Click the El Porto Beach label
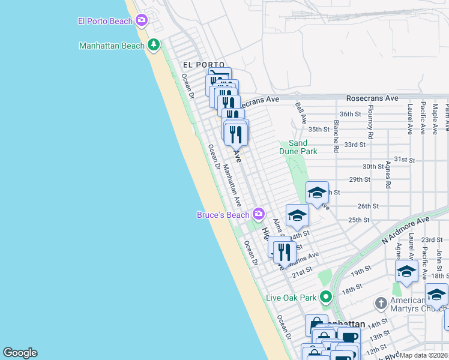[x=104, y=22]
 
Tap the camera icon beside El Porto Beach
[x=142, y=21]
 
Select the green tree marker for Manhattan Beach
[x=154, y=45]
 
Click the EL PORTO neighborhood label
[x=203, y=65]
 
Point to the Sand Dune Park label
[x=298, y=147]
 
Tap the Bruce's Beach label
[x=223, y=215]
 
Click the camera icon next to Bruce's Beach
[x=259, y=214]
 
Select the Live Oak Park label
[x=291, y=298]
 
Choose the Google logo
[x=20, y=353]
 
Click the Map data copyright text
[x=423, y=355]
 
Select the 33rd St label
[x=355, y=145]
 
